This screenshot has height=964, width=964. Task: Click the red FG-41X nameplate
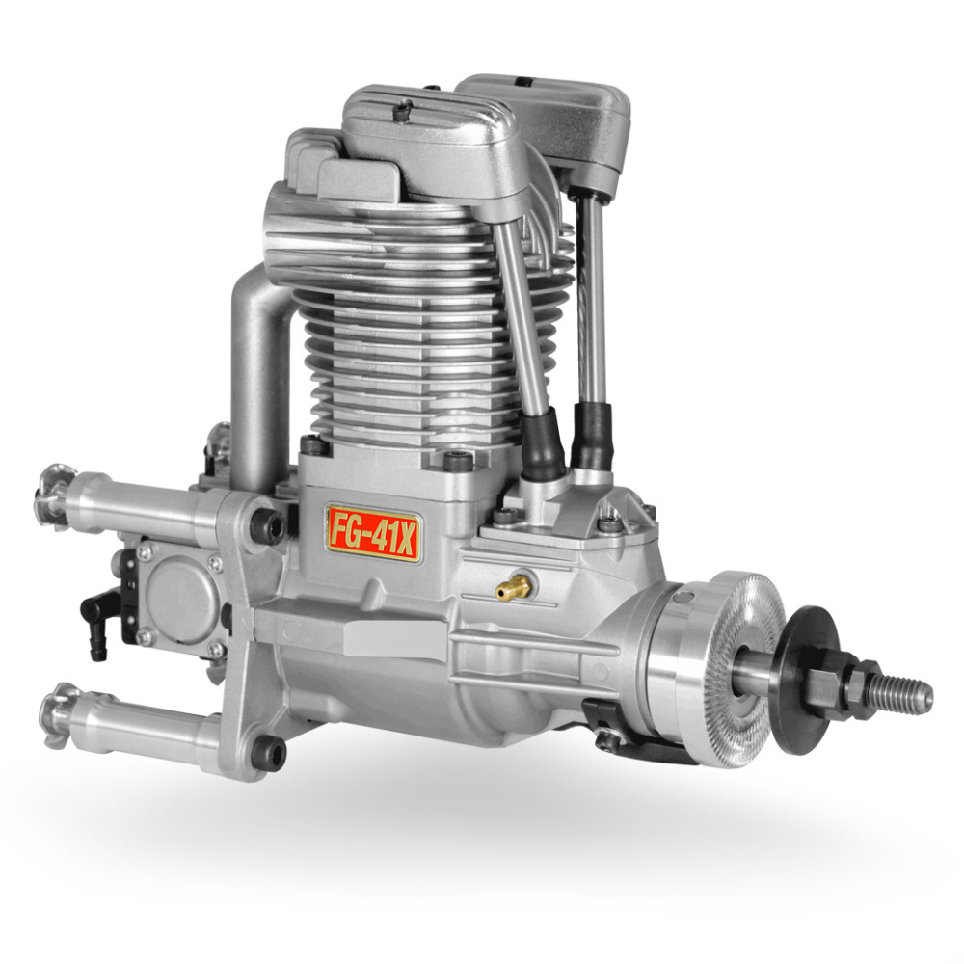click(x=373, y=534)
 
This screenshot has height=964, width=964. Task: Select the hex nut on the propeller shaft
click(x=847, y=681)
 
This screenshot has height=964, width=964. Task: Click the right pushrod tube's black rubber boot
click(x=590, y=438)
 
